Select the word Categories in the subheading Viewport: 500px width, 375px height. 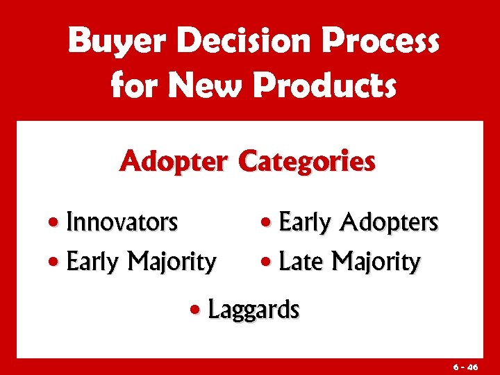click(306, 162)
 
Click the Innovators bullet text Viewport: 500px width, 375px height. click(122, 223)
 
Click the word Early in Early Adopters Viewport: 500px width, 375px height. click(304, 223)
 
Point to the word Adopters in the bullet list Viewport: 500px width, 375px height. click(389, 223)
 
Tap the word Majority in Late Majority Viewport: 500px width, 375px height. click(376, 262)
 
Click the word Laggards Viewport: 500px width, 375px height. click(253, 310)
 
